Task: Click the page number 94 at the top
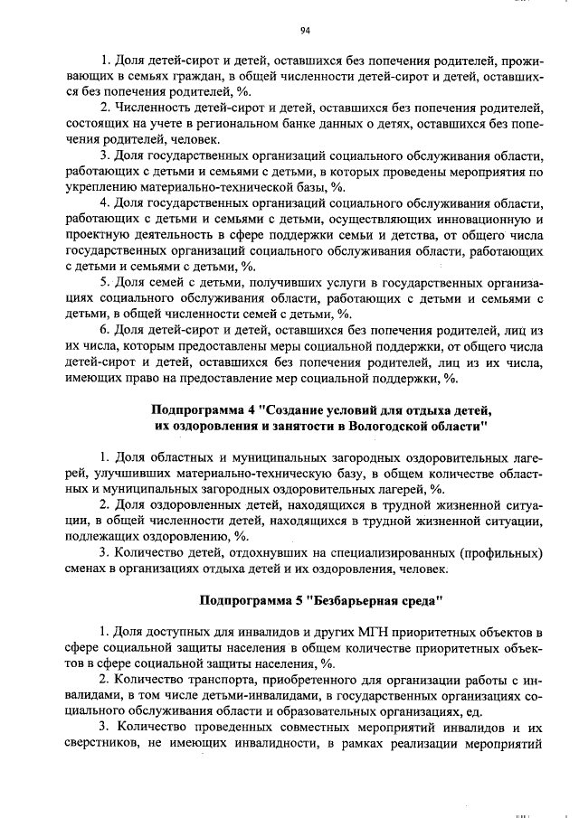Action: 305,30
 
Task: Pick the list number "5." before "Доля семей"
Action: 105,283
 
